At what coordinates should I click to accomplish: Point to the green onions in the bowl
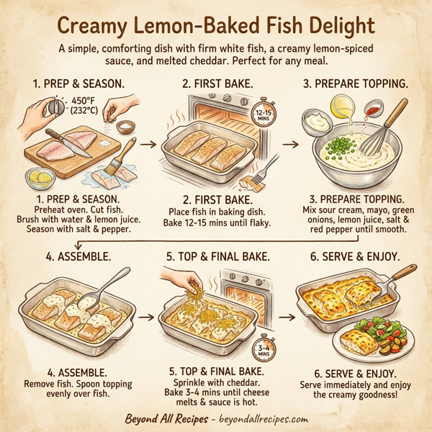pyautogui.click(x=339, y=151)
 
